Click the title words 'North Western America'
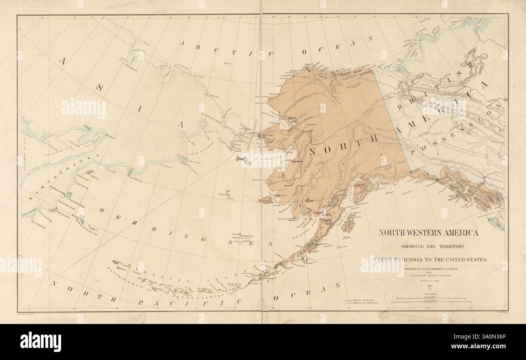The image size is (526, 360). tap(428, 233)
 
